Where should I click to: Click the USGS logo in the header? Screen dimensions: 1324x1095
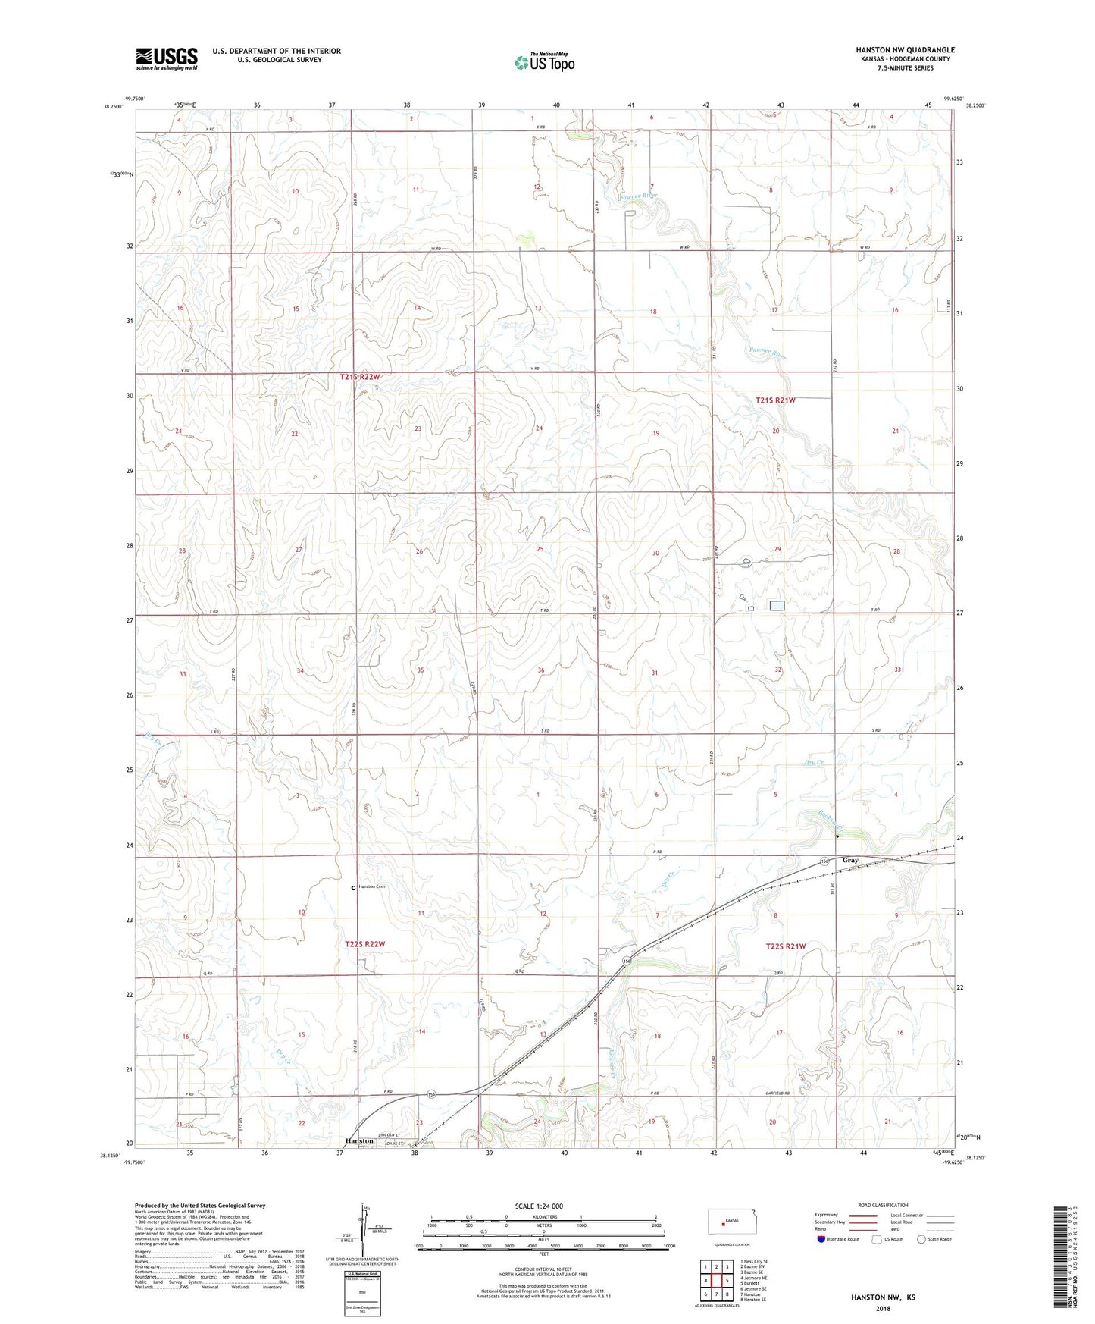pyautogui.click(x=167, y=58)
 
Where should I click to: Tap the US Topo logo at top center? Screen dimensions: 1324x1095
pyautogui.click(x=543, y=61)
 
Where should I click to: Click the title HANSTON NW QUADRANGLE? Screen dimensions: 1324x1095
pyautogui.click(x=905, y=50)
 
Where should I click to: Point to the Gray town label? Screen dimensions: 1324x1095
pyautogui.click(x=849, y=861)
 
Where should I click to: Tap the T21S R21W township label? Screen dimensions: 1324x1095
pyautogui.click(x=775, y=400)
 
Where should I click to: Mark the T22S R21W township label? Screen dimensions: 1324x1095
pyautogui.click(x=784, y=946)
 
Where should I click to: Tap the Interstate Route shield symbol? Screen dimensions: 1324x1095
pyautogui.click(x=823, y=1239)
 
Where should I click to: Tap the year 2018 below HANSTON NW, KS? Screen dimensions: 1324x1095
pyautogui.click(x=882, y=1308)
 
